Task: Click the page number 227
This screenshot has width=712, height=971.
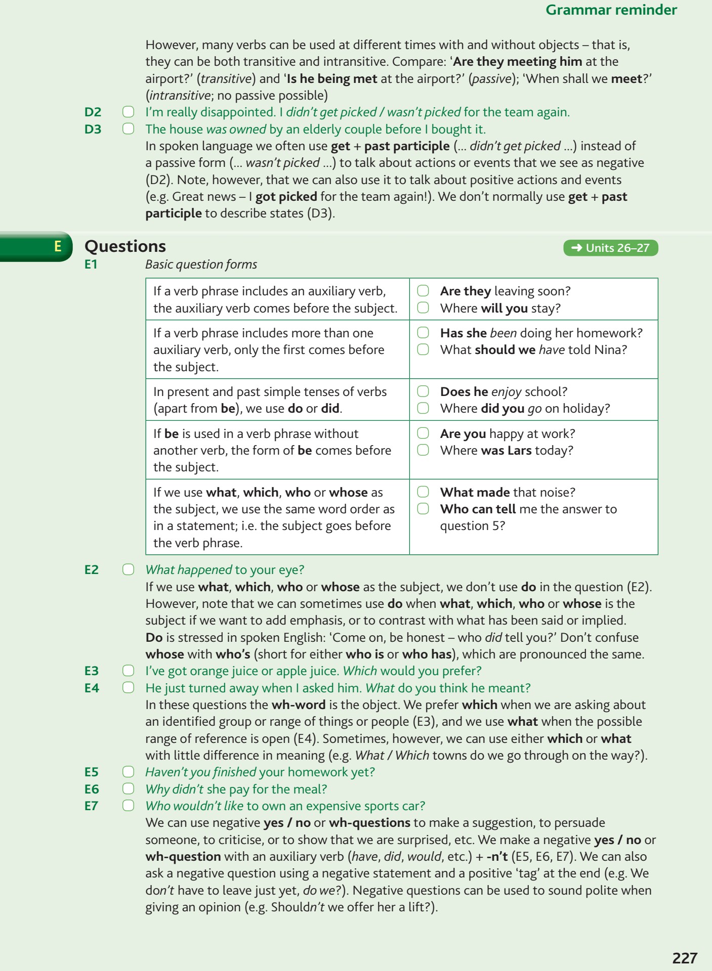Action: coord(685,957)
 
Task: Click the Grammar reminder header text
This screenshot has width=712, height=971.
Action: coord(611,10)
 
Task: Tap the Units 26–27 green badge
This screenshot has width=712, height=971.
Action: coord(610,248)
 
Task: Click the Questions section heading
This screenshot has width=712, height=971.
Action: coord(125,246)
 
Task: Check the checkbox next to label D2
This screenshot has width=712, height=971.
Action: coord(129,112)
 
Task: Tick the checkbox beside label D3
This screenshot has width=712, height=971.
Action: coord(129,129)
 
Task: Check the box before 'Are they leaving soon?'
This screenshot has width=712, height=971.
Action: coord(423,291)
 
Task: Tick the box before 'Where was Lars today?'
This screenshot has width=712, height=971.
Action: coord(423,450)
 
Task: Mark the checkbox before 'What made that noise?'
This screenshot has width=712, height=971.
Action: coord(423,492)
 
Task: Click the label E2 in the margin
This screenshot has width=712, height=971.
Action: coord(92,570)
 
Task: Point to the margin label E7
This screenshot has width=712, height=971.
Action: coord(92,806)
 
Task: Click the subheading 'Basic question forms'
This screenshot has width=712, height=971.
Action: coord(201,264)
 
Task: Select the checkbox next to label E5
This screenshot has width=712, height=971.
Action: coord(129,772)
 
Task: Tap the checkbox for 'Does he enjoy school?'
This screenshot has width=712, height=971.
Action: coord(423,391)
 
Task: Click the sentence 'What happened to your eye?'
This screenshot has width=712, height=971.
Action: coord(225,570)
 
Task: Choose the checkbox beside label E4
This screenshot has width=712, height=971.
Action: coord(129,688)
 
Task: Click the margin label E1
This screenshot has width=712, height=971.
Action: coord(91,264)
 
